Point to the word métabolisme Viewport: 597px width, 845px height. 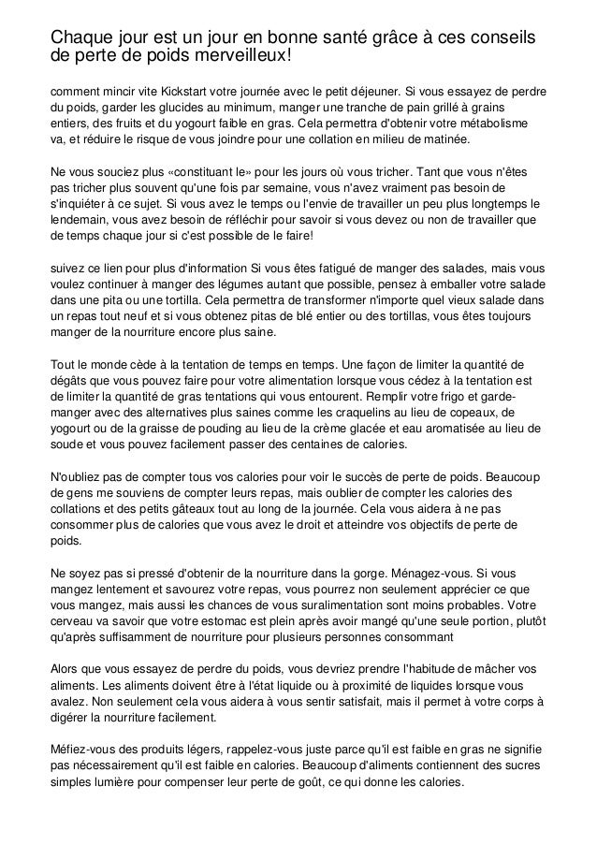(498, 125)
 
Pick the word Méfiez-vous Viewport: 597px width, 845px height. (86, 750)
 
